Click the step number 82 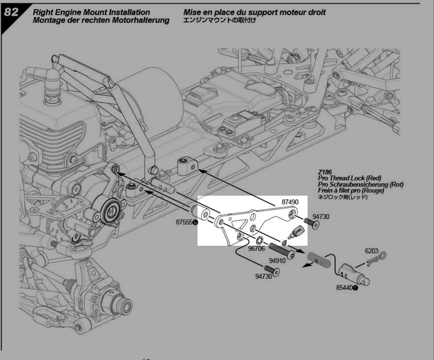(11, 12)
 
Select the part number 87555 (183, 222)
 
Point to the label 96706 (256, 248)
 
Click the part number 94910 (278, 260)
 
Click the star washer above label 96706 (260, 240)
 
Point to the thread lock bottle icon (297, 232)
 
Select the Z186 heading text (324, 173)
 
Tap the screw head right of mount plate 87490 (312, 224)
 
